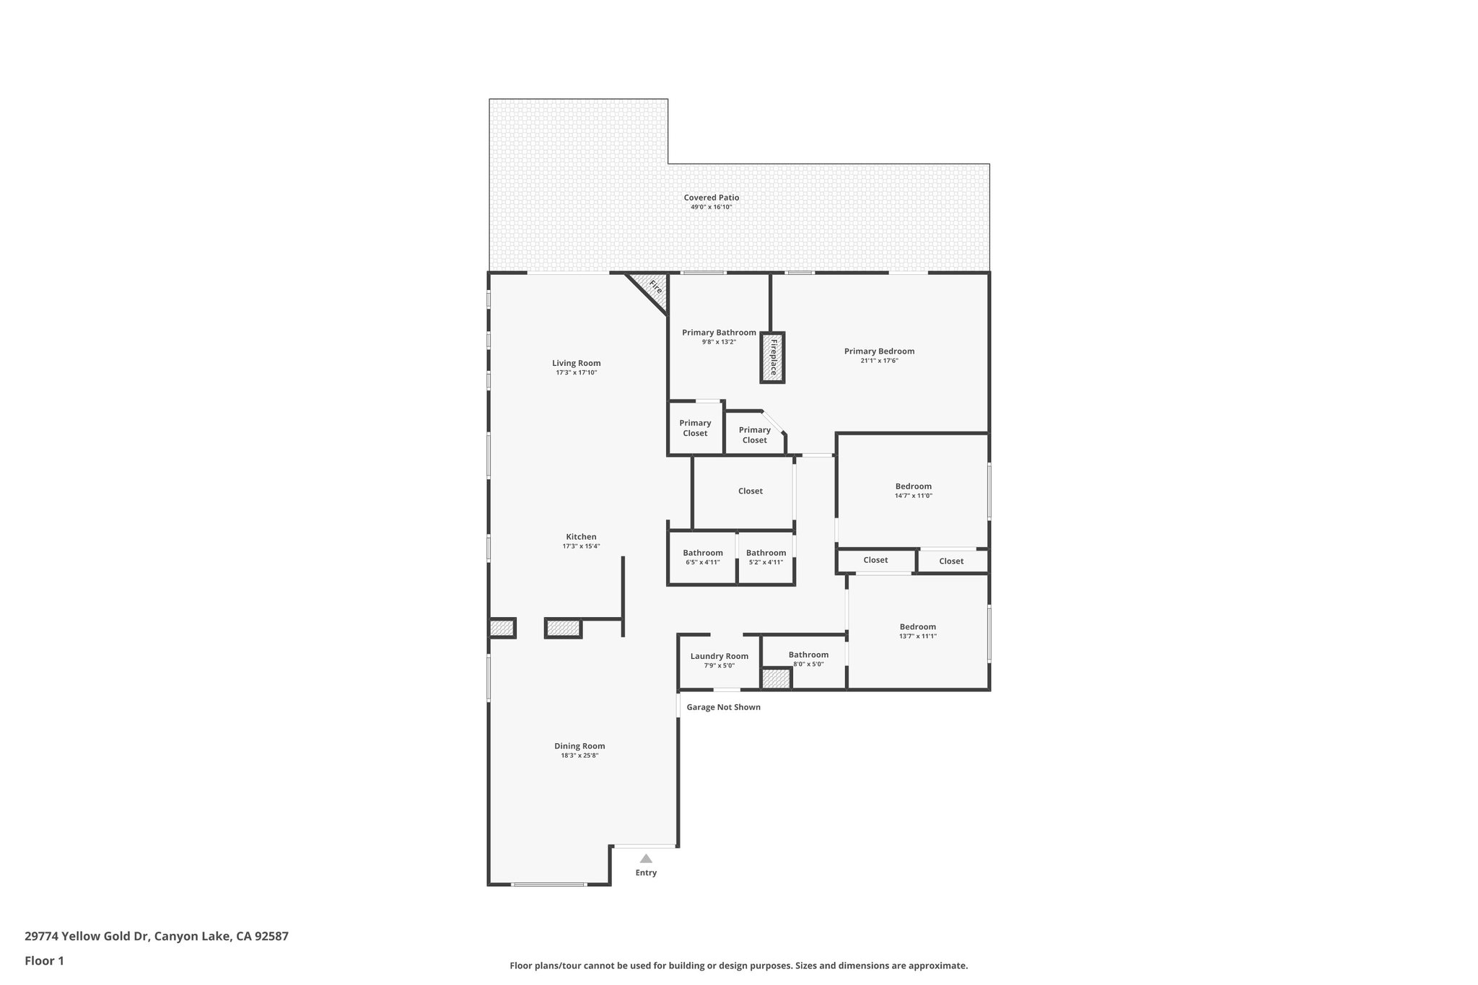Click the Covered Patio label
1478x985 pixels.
[x=711, y=198]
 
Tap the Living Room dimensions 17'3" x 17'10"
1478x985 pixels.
[x=576, y=373]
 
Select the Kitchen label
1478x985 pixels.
[x=581, y=537]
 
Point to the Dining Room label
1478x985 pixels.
[x=580, y=746]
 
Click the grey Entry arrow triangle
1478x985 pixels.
[x=646, y=859]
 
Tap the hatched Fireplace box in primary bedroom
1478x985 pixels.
[x=771, y=357]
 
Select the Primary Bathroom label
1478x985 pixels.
[x=719, y=333]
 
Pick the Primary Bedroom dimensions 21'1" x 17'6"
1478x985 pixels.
[x=879, y=361]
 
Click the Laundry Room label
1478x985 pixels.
[x=719, y=656]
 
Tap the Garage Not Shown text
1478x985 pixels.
[x=723, y=707]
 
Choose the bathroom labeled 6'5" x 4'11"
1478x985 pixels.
[x=702, y=557]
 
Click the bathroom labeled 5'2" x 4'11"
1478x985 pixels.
[x=766, y=557]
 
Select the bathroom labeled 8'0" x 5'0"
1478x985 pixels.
[x=808, y=659]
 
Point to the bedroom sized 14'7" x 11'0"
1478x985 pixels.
[x=913, y=491]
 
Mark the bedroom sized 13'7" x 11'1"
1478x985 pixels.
[x=917, y=631]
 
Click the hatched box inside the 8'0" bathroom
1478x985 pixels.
[x=777, y=679]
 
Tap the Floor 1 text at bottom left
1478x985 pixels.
[x=44, y=960]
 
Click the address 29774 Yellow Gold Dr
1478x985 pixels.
[x=156, y=936]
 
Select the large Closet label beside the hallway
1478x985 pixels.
[x=750, y=491]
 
